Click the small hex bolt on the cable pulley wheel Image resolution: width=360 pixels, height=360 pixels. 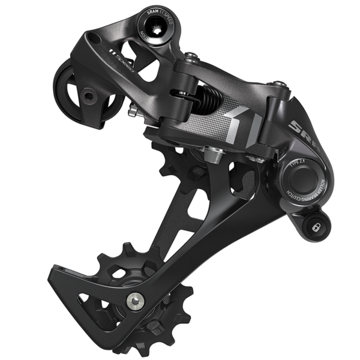[x=88, y=95]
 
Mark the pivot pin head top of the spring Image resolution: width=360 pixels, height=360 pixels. [x=191, y=57]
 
